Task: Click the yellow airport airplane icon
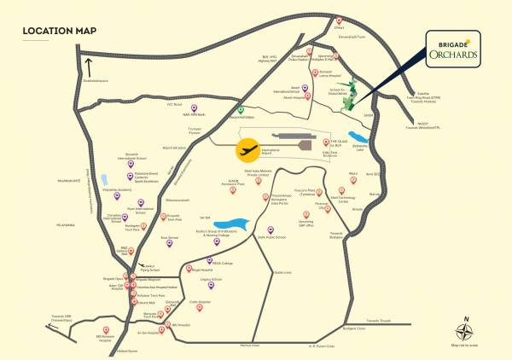tap(247, 150)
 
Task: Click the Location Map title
tap(59, 32)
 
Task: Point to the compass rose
tap(467, 328)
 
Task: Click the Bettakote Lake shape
tap(363, 136)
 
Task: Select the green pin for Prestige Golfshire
tap(241, 110)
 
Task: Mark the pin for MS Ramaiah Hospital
tap(106, 330)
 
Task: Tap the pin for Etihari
tap(340, 20)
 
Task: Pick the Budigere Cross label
tap(352, 327)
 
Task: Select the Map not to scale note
tap(467, 345)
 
